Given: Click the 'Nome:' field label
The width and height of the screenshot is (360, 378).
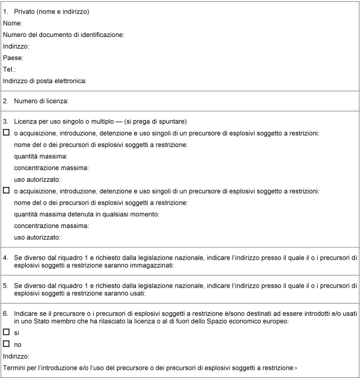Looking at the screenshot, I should coord(12,23).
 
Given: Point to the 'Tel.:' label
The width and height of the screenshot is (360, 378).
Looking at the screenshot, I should coord(9,69).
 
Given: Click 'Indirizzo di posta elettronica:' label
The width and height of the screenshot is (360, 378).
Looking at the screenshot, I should coord(44,81).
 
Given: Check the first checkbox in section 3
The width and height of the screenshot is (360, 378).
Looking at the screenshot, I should coord(6,133).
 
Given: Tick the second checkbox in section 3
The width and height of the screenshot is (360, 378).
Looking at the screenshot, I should coord(6,190).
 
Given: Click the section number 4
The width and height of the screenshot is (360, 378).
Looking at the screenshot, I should coord(5,257).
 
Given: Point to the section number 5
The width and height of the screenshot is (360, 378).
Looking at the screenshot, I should coord(5,285).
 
